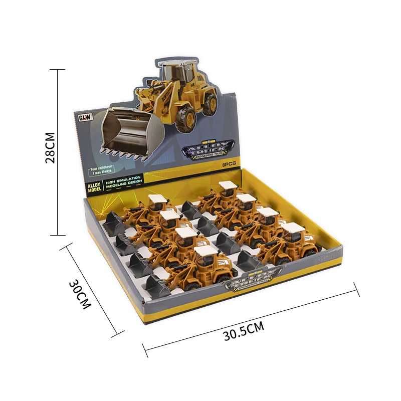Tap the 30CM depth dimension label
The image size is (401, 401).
(80, 293)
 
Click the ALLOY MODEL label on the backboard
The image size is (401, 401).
(94, 186)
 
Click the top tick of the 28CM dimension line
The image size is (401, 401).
(58, 70)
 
